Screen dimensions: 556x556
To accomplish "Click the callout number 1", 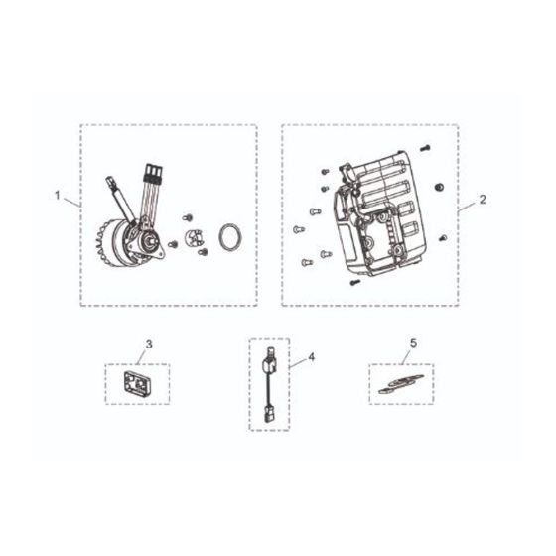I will click(58, 196).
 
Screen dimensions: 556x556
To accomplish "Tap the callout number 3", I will click(149, 345).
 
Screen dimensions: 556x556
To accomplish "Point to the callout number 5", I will click(413, 345).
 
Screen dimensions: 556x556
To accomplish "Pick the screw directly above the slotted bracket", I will click(186, 216).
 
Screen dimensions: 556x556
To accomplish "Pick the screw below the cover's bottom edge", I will click(352, 282).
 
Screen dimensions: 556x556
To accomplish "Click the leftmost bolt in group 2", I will click(300, 229).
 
